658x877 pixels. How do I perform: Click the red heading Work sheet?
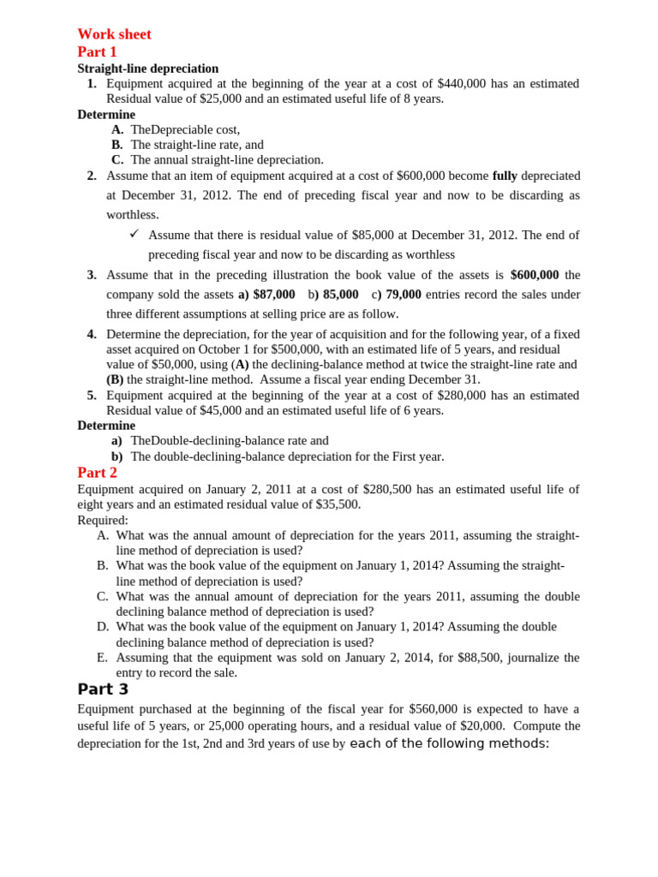[114, 34]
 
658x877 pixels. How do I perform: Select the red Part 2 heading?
[97, 473]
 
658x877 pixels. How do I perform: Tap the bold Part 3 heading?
[103, 689]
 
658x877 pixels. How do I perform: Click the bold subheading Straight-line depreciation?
[147, 69]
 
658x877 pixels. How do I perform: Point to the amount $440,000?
[461, 84]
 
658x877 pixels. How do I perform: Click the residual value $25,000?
[220, 98]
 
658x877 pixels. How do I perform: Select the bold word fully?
[505, 176]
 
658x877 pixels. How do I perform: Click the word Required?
[103, 520]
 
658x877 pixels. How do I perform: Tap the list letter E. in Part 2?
[103, 658]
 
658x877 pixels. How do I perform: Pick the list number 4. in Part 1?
[92, 334]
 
